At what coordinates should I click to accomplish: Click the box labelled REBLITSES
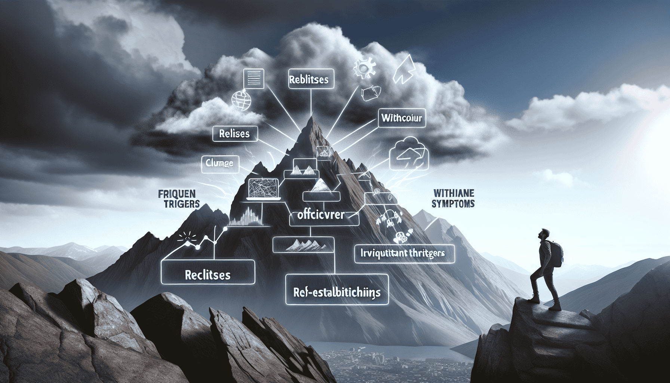coord(308,80)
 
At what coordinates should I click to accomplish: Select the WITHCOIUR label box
coord(402,119)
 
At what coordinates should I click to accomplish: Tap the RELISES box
coord(235,134)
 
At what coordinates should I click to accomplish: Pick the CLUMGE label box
coord(220,163)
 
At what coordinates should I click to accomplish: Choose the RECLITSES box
coord(208,275)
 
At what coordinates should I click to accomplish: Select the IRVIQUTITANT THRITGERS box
coord(404,253)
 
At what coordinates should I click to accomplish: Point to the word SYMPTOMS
coord(454,204)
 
